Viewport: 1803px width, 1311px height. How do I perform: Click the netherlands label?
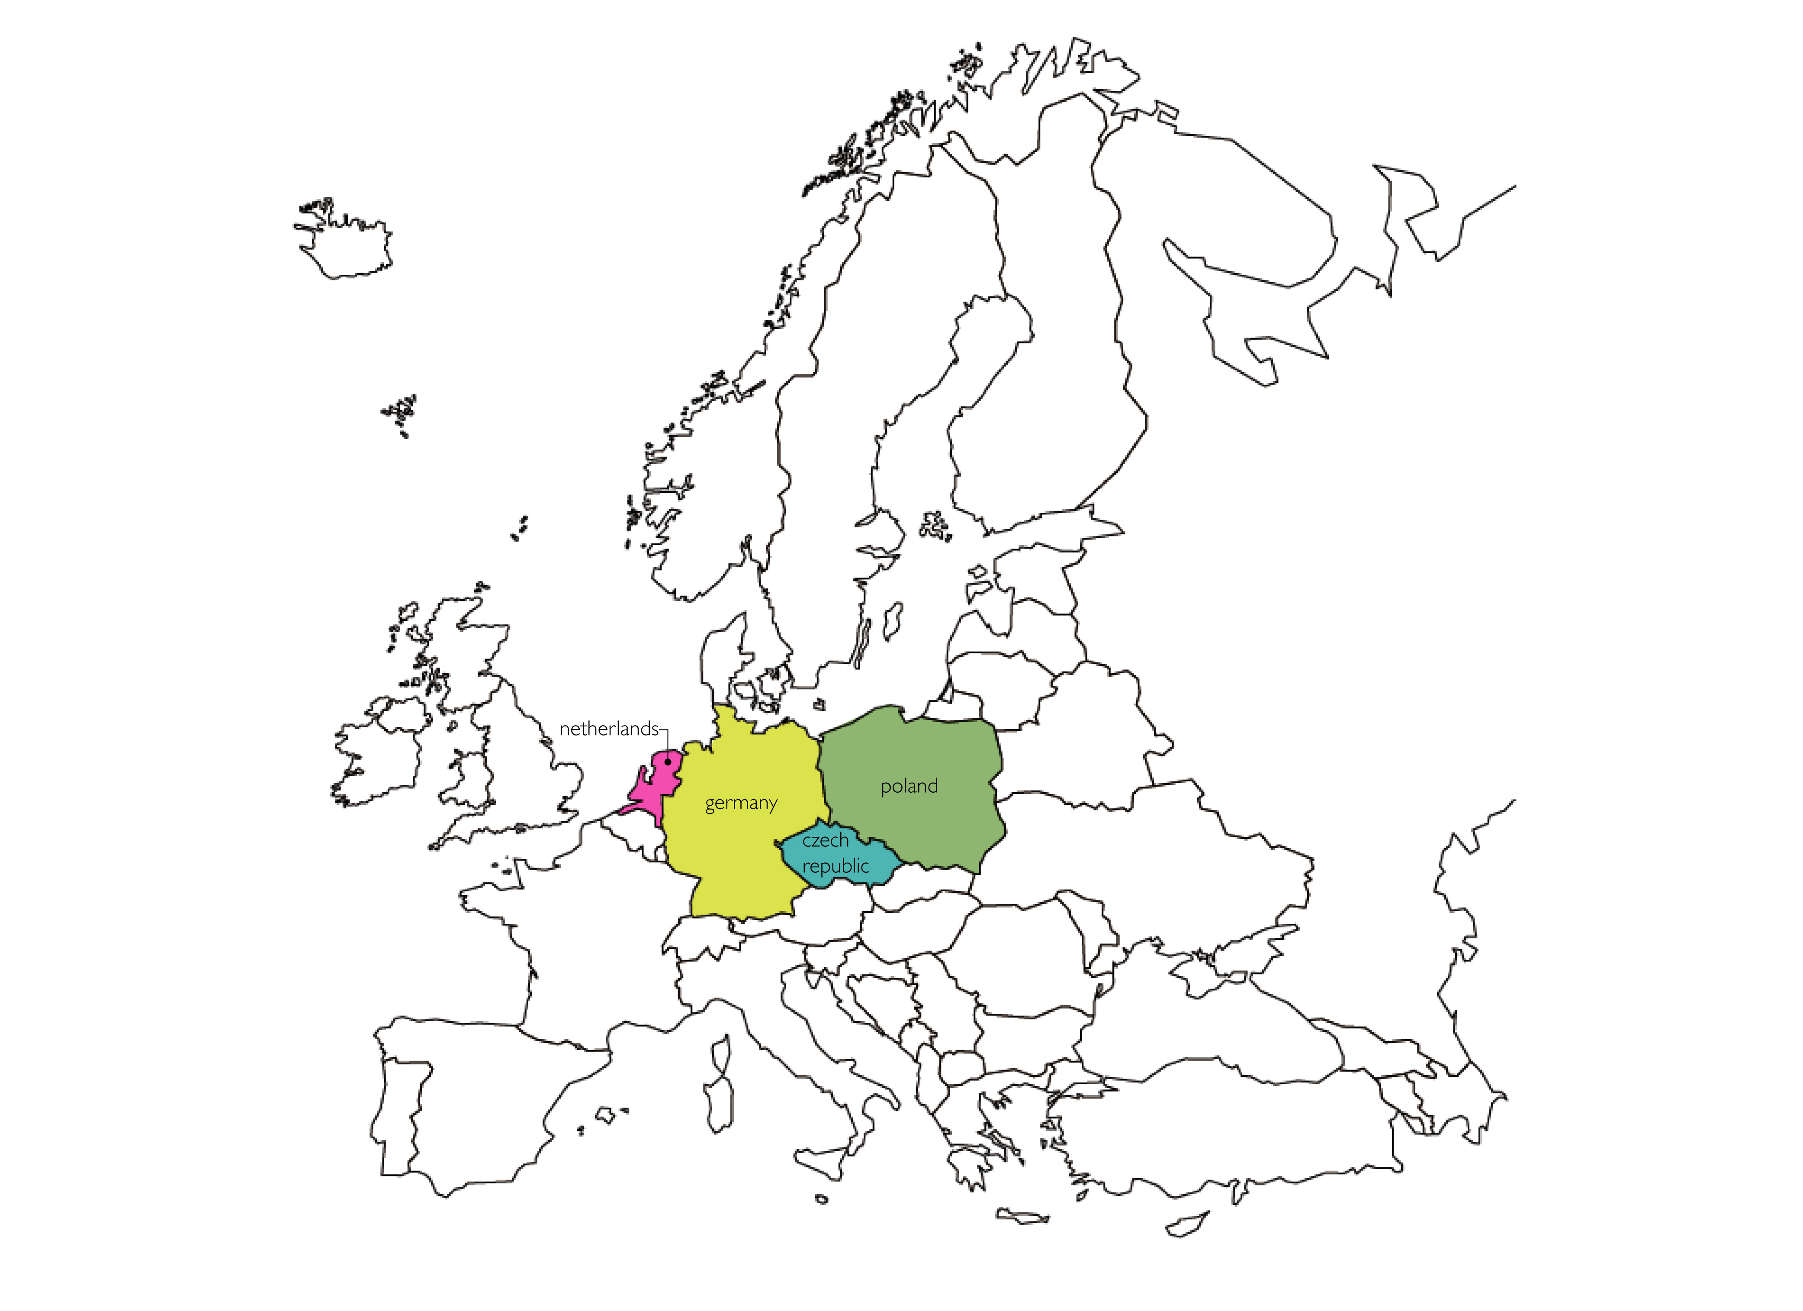(x=608, y=729)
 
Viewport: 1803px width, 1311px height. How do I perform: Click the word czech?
(x=825, y=840)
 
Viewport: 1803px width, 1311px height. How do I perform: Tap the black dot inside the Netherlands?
(x=668, y=762)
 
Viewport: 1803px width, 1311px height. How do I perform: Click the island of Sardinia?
(x=718, y=1105)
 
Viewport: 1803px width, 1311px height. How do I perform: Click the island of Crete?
(x=1022, y=1216)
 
